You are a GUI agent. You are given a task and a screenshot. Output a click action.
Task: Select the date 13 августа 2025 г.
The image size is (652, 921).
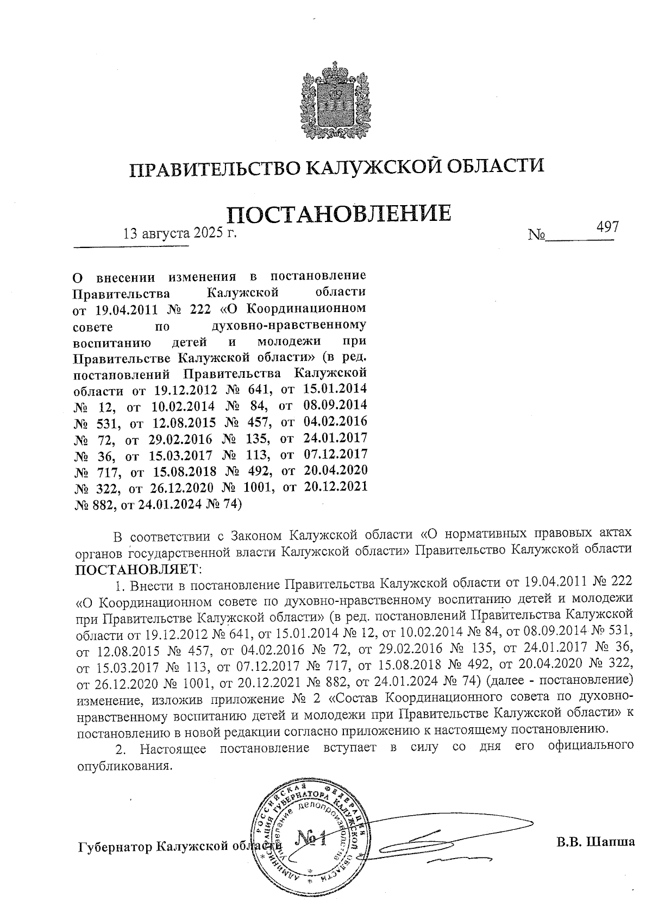(180, 234)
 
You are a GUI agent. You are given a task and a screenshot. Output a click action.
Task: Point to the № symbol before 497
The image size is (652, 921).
(536, 237)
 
